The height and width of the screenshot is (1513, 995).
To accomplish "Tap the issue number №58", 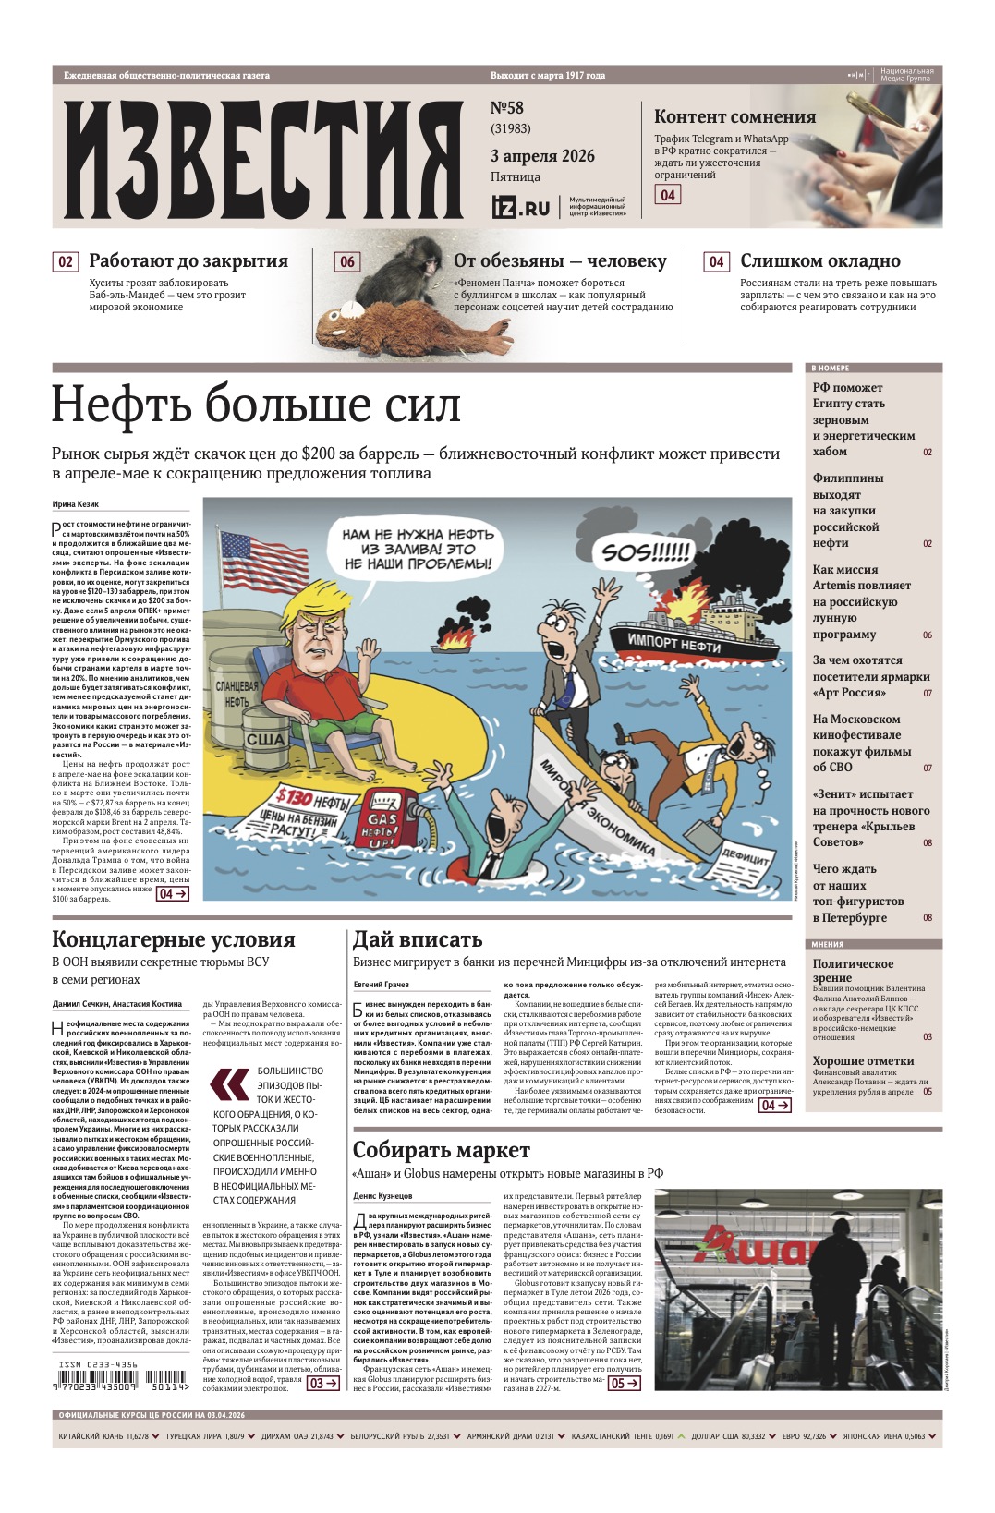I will pyautogui.click(x=506, y=108).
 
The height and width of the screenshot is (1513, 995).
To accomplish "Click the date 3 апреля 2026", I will pyautogui.click(x=542, y=156).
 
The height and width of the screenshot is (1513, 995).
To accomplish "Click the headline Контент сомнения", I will pyautogui.click(x=734, y=116).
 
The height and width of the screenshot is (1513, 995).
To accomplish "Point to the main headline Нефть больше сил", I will pyautogui.click(x=256, y=405).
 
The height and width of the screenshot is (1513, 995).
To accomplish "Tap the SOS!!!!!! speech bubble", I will pyautogui.click(x=646, y=552).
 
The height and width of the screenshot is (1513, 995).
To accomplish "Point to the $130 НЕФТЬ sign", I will pyautogui.click(x=311, y=798).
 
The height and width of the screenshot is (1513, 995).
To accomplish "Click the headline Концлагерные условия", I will pyautogui.click(x=174, y=939).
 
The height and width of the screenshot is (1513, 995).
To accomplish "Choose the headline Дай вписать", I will pyautogui.click(x=418, y=939).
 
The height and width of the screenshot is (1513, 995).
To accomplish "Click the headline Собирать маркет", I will pyautogui.click(x=442, y=1150).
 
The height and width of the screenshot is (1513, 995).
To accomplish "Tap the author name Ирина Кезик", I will pyautogui.click(x=76, y=504).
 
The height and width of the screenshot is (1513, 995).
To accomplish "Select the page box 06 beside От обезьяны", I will pyautogui.click(x=346, y=262).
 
